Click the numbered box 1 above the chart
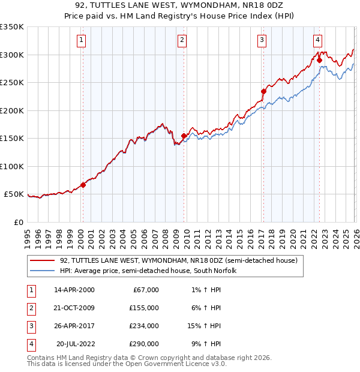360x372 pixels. coord(81,40)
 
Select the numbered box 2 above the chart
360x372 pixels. coord(181,40)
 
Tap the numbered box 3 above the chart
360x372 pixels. coord(262,40)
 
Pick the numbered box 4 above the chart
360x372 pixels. coord(317,40)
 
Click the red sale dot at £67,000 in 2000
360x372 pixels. coord(83,185)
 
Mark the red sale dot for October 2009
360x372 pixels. coord(184,136)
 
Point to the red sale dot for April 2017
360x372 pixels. coord(263,92)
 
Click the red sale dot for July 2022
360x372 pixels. coord(319,60)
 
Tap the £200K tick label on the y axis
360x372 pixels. coord(12,110)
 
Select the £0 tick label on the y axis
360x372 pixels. coord(18,222)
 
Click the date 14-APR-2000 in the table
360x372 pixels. coord(74,290)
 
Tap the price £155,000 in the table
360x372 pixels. coord(144,308)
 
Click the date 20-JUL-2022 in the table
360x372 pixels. coord(74,344)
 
